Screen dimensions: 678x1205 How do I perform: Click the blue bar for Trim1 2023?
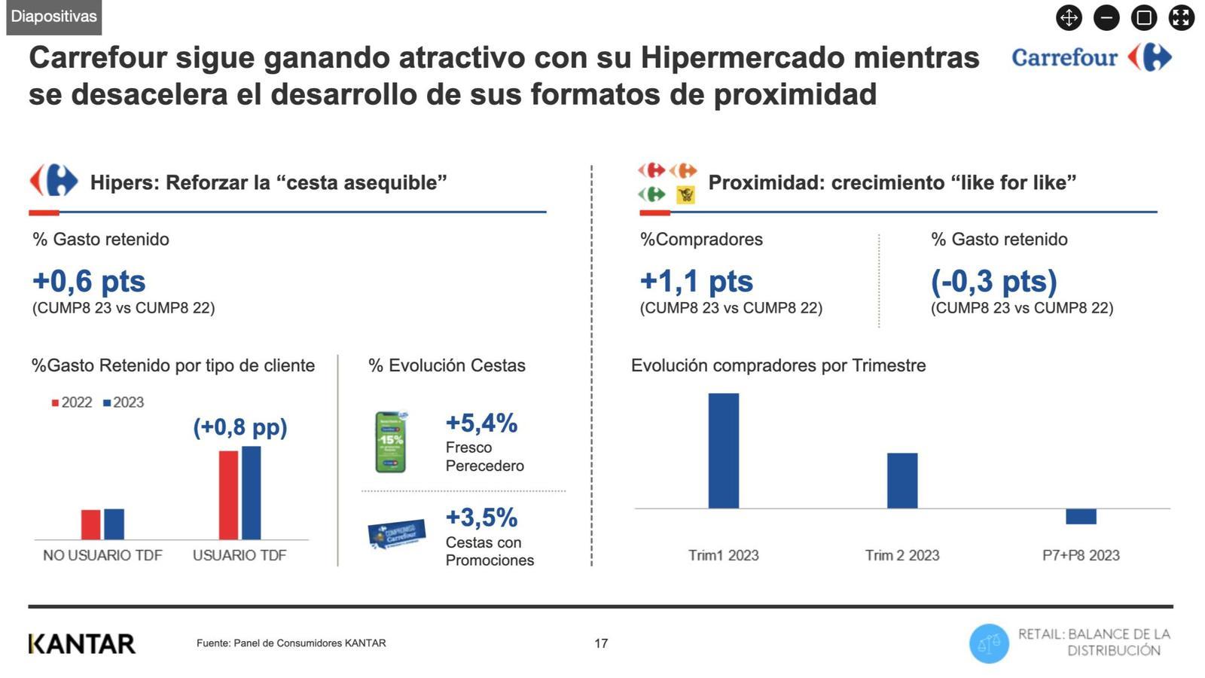click(x=723, y=450)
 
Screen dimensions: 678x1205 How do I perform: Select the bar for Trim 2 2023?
click(x=901, y=481)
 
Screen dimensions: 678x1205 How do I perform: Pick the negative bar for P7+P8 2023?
click(x=1081, y=517)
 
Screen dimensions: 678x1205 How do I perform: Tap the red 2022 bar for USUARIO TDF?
click(x=228, y=495)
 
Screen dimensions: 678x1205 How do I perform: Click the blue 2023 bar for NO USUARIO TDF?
click(x=114, y=524)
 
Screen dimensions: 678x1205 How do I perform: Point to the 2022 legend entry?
click(x=72, y=402)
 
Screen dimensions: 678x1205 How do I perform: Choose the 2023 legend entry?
click(x=124, y=402)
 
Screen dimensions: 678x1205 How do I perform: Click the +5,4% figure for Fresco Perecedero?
click(x=481, y=423)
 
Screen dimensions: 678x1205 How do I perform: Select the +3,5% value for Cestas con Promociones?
click(x=481, y=518)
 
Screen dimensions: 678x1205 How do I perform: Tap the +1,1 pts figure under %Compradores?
click(x=696, y=281)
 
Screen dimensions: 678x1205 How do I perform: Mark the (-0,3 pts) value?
click(x=993, y=281)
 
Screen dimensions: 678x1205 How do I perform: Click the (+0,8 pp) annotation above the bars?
click(x=240, y=427)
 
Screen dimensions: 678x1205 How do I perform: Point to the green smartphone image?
click(x=391, y=442)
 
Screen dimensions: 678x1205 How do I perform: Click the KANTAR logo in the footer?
click(x=82, y=644)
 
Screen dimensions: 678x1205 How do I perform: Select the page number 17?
click(x=601, y=643)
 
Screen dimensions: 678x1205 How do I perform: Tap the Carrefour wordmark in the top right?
click(x=1064, y=57)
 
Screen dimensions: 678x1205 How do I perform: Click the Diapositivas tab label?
click(x=53, y=17)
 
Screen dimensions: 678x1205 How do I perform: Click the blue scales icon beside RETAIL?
click(x=989, y=644)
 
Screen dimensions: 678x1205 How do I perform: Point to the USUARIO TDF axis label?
click(x=239, y=555)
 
